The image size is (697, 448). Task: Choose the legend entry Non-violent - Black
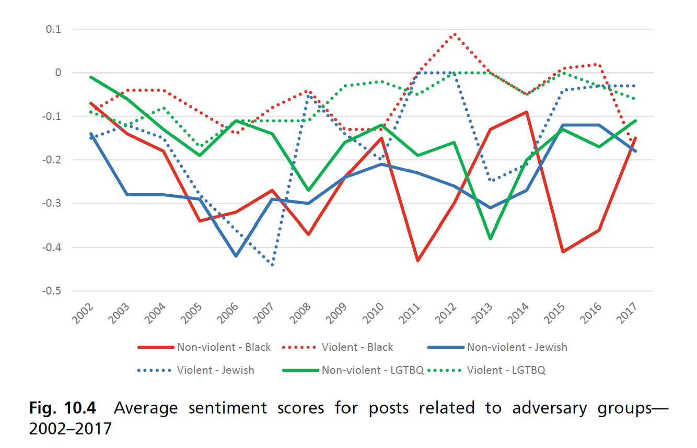[x=224, y=347]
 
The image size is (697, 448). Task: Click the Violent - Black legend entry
[x=357, y=347]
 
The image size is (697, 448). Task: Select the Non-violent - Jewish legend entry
[x=517, y=347]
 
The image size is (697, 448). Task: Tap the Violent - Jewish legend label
[x=215, y=370]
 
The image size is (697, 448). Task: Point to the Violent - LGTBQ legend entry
[x=506, y=370]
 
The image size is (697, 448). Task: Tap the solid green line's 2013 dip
[x=491, y=239]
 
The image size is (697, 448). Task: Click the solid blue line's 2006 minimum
[x=236, y=256]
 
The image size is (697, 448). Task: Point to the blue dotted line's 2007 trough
[x=273, y=265]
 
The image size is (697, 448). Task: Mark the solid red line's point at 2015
[x=563, y=252]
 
